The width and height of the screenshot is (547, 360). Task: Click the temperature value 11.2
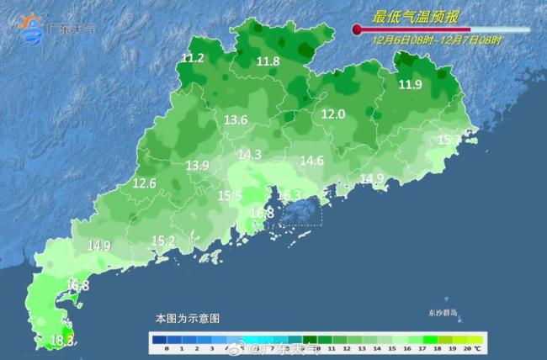tap(193, 58)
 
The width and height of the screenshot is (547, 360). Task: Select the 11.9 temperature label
tap(410, 84)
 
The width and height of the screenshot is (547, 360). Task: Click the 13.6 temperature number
tap(235, 120)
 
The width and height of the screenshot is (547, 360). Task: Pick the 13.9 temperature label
tap(197, 166)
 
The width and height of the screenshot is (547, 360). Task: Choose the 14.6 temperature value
tap(311, 161)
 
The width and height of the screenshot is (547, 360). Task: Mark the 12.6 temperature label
tap(145, 183)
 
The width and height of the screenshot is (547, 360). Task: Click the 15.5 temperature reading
tap(230, 196)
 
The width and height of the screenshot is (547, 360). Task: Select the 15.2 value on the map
tap(162, 241)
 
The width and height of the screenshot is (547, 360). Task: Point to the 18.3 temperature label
tap(63, 341)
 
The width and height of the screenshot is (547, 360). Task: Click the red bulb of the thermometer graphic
tap(357, 29)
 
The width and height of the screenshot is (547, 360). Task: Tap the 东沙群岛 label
tap(442, 313)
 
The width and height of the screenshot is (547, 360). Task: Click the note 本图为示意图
tap(187, 319)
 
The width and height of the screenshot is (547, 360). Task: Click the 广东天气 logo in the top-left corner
tap(57, 27)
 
